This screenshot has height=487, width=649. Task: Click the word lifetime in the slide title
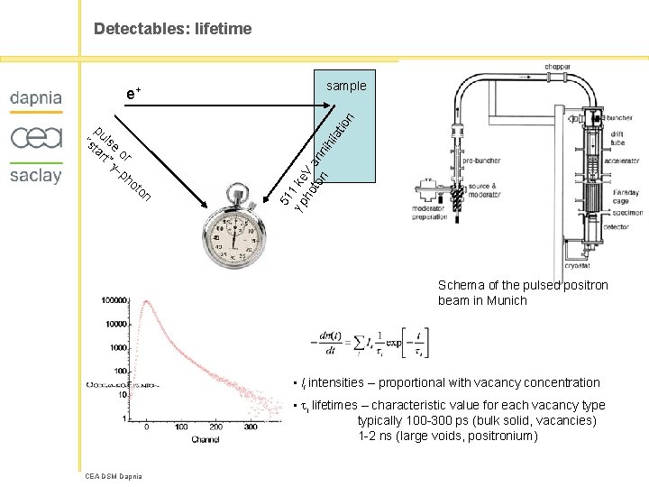coord(221,30)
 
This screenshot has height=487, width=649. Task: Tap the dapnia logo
coord(36,97)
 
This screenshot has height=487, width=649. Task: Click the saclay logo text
coord(36,175)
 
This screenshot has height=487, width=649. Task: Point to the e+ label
coord(133,93)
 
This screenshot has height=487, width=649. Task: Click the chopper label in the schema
coord(557,67)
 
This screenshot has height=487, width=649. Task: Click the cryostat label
coord(578,265)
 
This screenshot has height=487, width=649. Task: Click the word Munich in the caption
coord(509,300)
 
